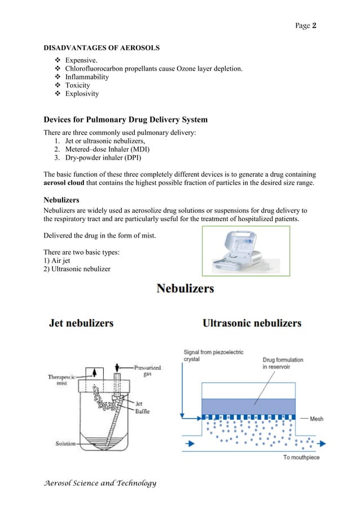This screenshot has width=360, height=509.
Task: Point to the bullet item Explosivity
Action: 82,94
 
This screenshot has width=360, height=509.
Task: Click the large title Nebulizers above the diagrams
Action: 185,289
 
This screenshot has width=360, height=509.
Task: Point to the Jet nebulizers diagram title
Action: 82,323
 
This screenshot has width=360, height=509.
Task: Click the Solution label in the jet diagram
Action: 65,444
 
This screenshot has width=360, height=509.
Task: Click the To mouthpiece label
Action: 302,457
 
